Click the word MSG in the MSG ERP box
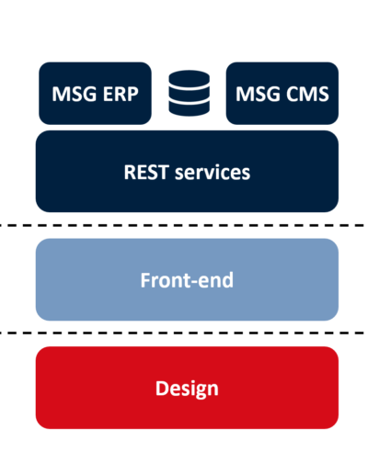click(74, 94)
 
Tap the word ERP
click(121, 94)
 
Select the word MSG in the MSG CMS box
click(258, 94)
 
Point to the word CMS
click(307, 94)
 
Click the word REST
click(146, 172)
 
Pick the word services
click(213, 172)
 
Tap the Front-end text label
click(187, 280)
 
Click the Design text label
click(187, 389)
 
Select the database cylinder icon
click(190, 93)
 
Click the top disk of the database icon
click(190, 78)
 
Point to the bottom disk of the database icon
click(190, 108)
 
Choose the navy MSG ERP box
click(95, 94)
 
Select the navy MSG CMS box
click(282, 94)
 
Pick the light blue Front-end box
click(187, 280)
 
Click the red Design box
click(187, 388)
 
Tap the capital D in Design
click(162, 388)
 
